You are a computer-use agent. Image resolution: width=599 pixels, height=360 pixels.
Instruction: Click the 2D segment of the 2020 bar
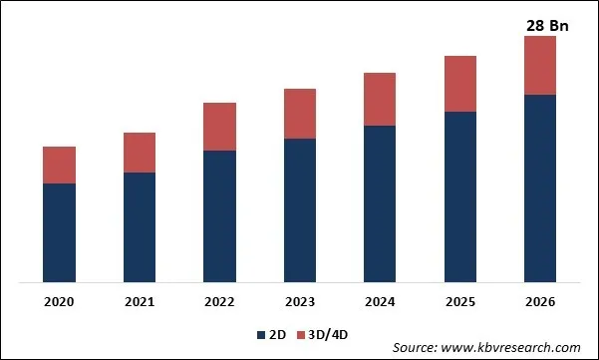click(59, 232)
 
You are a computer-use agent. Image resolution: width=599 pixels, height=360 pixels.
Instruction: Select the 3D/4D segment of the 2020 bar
click(59, 165)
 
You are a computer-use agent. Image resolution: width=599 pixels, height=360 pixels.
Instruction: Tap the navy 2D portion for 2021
click(140, 227)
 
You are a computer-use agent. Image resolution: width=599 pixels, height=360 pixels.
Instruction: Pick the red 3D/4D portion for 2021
click(140, 153)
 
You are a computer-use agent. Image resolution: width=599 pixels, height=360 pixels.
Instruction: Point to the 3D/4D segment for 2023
click(300, 114)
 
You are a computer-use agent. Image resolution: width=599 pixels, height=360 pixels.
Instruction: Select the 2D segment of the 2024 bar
click(380, 203)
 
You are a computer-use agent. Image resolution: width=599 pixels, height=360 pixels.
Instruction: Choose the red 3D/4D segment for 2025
click(460, 84)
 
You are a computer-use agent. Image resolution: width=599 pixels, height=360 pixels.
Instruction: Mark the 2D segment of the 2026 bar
click(540, 188)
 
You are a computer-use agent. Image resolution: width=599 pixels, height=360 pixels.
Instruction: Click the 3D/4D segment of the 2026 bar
click(540, 66)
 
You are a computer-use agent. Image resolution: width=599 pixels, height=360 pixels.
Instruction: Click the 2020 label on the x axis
click(59, 301)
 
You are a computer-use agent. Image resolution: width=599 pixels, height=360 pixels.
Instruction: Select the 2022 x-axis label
click(219, 301)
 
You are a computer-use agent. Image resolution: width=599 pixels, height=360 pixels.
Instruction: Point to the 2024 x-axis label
click(380, 301)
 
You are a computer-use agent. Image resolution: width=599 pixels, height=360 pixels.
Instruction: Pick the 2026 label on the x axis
click(540, 301)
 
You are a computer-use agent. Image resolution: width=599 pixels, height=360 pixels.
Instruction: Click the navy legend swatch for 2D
click(262, 334)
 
